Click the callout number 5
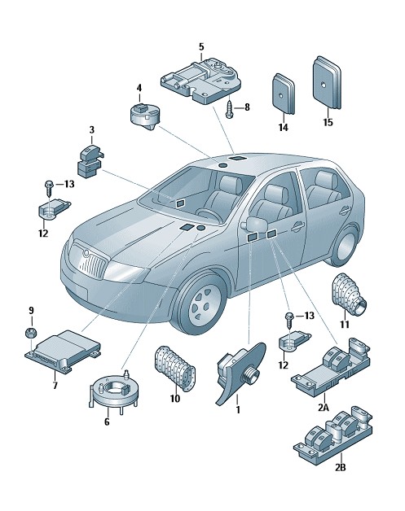point(201,47)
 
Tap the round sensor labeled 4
point(144,116)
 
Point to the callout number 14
point(284,128)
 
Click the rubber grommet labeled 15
point(327,83)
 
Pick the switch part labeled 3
point(90,162)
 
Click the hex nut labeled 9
point(31,333)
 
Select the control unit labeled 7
point(63,352)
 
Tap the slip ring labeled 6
point(113,392)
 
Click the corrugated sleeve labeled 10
point(174,369)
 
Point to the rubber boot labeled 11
point(349,295)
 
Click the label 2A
point(324,407)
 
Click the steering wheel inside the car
point(209,216)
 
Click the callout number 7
point(55,386)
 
